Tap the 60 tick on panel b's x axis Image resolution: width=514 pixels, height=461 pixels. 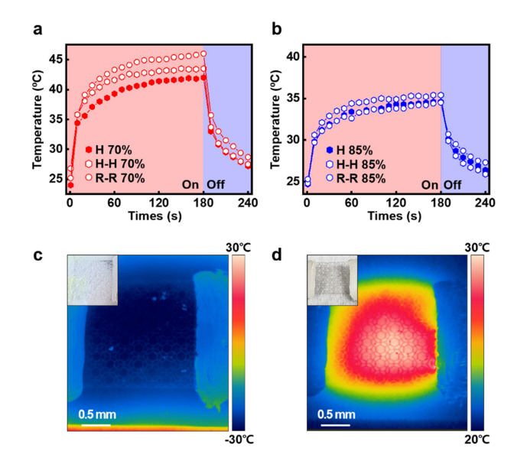[x=351, y=204]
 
